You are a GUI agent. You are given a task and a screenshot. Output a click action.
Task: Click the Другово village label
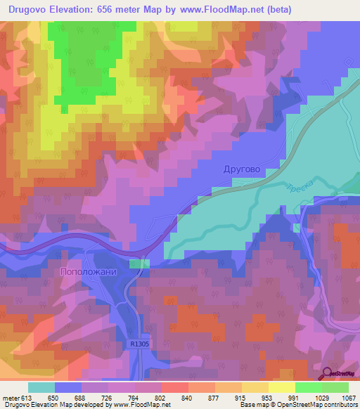[x=241, y=169]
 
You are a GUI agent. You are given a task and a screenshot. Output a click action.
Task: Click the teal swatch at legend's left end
[x=41, y=387]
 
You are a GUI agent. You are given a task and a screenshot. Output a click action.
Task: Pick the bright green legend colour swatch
[x=308, y=387]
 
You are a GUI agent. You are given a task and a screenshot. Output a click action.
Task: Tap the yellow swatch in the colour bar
[x=281, y=387]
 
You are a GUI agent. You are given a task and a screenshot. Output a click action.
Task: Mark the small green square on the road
[x=140, y=263]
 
